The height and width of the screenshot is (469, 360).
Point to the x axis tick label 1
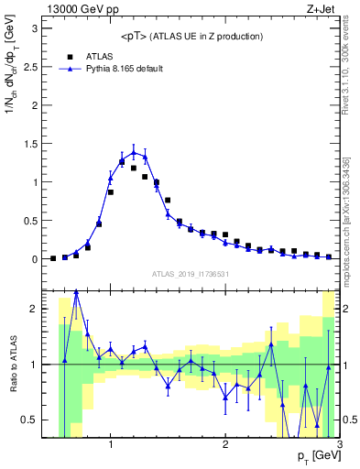tap(111, 444)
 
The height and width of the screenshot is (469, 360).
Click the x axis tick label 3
tap(339, 444)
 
